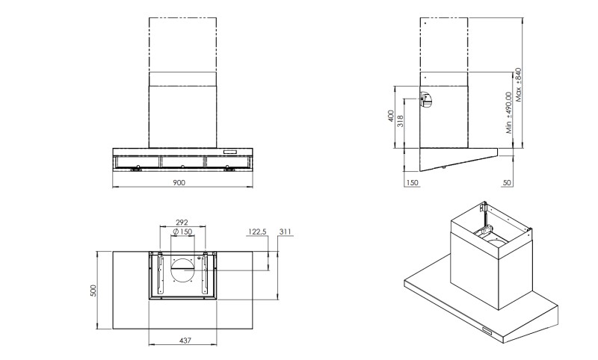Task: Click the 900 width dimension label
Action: point(179,182)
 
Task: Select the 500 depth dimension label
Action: point(93,291)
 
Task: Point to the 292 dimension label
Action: point(182,223)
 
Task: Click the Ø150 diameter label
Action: point(182,232)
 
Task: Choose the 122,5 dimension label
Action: point(257,232)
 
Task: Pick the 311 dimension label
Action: point(285,232)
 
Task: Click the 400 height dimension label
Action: point(390,117)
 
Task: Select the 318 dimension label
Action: point(401,122)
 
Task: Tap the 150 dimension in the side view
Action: point(412,183)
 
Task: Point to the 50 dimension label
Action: point(507,183)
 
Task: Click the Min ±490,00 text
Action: point(509,113)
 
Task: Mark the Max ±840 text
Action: point(518,85)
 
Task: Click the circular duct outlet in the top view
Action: point(182,270)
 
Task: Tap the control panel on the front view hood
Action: point(229,152)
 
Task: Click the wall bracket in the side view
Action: point(425,100)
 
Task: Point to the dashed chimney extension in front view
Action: point(182,45)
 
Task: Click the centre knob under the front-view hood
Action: point(182,167)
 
